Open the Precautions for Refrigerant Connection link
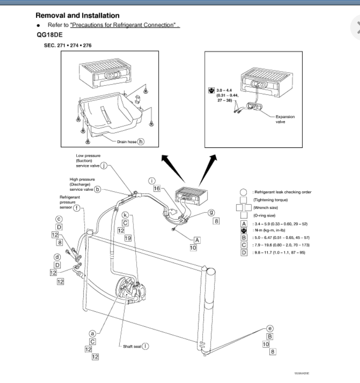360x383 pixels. tap(125, 25)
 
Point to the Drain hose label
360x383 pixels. tap(126, 142)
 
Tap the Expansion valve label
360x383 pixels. tap(286, 119)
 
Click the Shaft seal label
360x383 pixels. tap(133, 346)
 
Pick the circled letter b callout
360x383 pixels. tap(98, 189)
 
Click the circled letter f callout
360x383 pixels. tap(77, 208)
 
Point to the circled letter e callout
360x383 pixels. tap(270, 329)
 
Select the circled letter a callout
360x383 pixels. tap(93, 333)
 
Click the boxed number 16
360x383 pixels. tap(157, 189)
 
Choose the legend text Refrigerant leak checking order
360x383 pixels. tap(282, 192)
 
